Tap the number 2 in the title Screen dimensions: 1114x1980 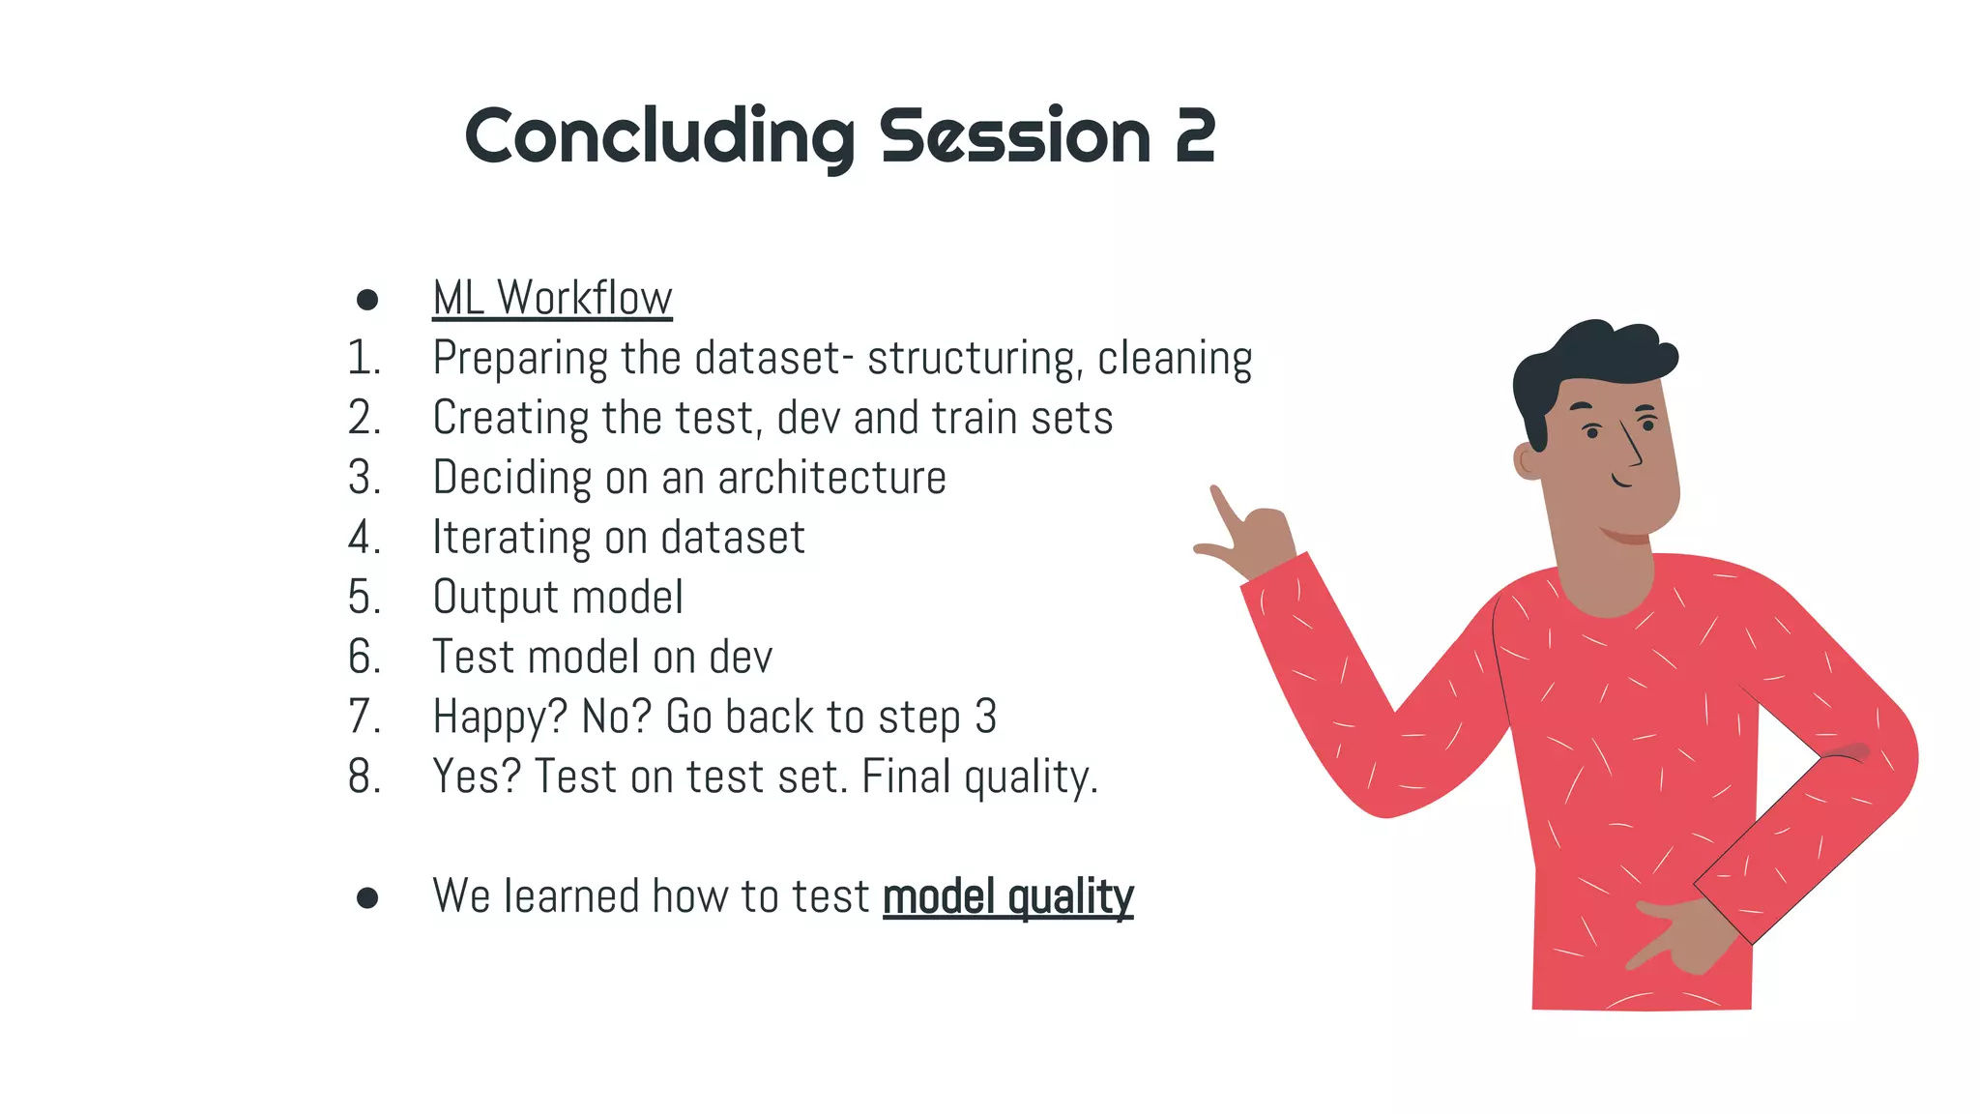pos(1195,137)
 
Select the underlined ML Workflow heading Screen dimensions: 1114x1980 pos(552,298)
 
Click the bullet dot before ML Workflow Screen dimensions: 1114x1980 pos(367,300)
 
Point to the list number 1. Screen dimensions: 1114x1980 pos(364,359)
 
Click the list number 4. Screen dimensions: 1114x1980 pos(364,538)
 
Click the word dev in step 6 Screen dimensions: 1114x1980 pos(741,658)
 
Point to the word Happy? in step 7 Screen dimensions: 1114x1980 pos(500,718)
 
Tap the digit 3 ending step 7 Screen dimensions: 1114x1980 pos(985,718)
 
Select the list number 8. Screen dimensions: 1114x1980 pos(364,777)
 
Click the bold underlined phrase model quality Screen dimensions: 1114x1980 pos(1007,897)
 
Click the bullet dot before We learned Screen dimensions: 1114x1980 pos(367,898)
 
